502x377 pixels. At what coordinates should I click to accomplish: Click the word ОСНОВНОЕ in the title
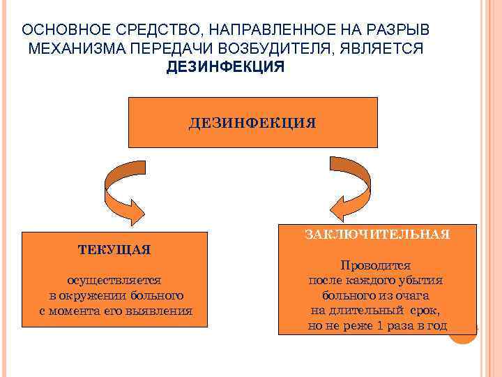[x=58, y=32]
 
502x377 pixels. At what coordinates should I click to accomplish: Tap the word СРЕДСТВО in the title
[x=142, y=32]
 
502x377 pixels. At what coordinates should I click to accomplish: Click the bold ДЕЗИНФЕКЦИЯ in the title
[x=225, y=68]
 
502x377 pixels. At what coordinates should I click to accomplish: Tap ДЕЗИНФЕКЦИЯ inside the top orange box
[x=252, y=124]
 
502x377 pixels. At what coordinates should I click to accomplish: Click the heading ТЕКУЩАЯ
[x=115, y=249]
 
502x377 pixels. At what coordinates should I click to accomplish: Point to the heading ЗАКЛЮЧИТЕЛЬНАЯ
[x=376, y=235]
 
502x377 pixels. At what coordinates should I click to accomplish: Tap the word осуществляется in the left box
[x=115, y=280]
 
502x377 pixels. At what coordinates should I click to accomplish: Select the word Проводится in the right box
[x=375, y=266]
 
